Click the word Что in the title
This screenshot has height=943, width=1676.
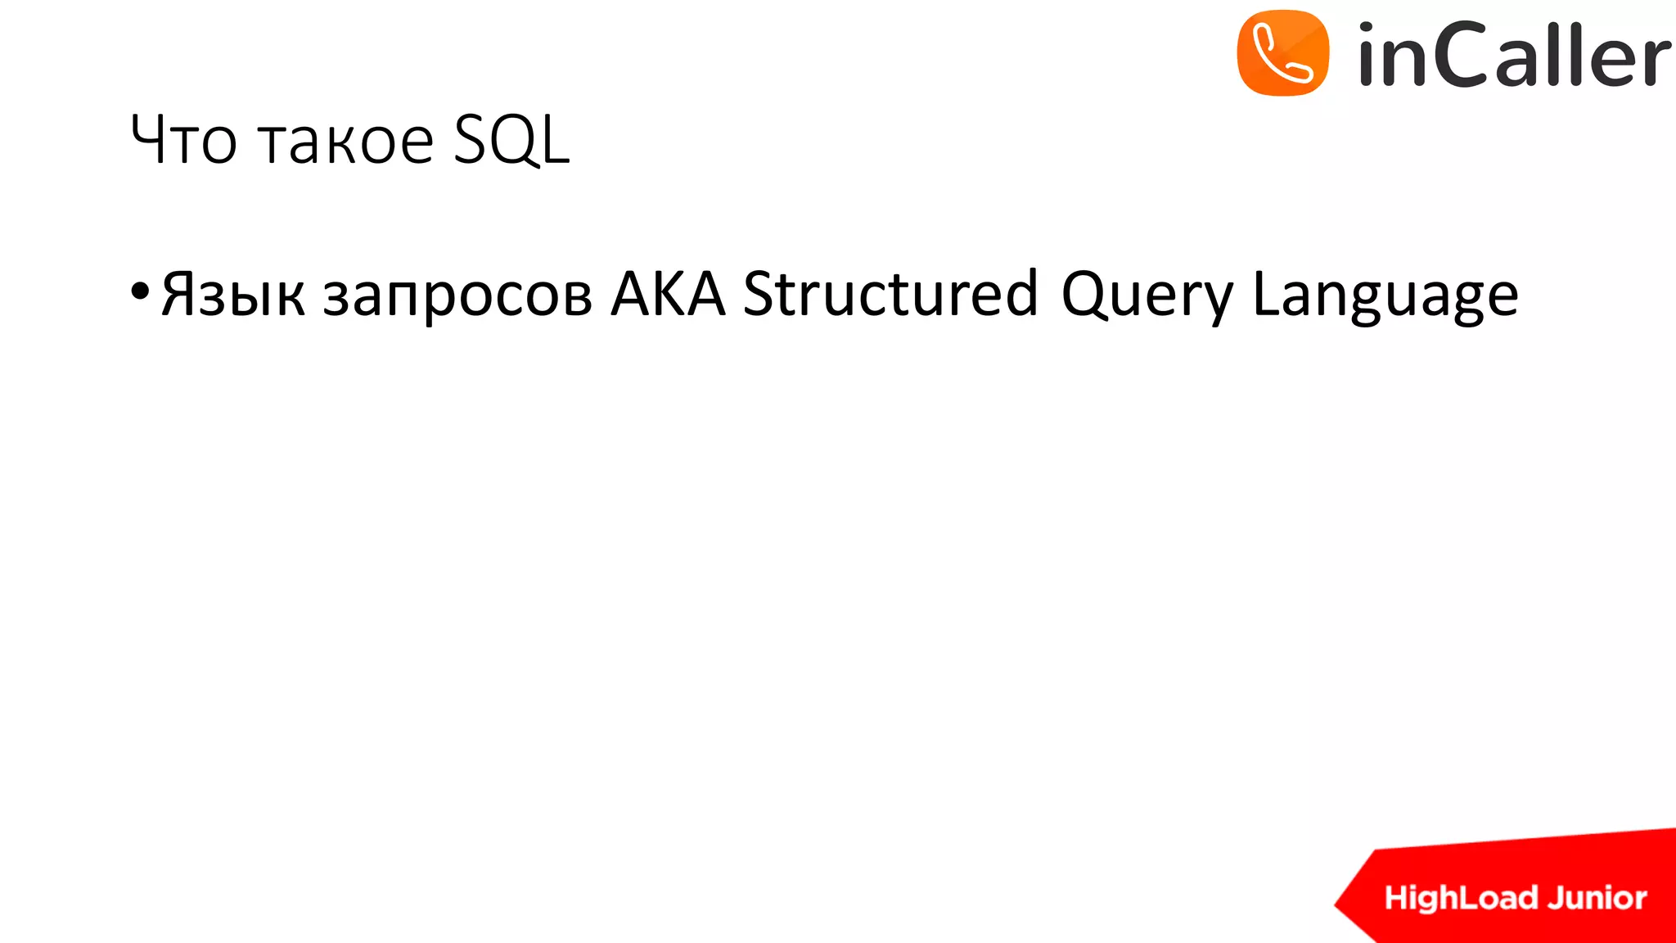click(x=183, y=141)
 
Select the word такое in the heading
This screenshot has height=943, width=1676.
click(x=345, y=141)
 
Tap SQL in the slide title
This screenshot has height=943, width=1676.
click(x=511, y=141)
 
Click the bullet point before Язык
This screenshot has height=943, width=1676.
click(x=140, y=291)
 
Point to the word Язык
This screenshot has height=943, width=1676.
click(x=233, y=295)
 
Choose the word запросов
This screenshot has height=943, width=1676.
click(x=457, y=295)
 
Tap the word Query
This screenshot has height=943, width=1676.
click(x=1147, y=295)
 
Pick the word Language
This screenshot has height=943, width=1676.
click(x=1385, y=295)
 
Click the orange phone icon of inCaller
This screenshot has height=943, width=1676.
click(x=1282, y=53)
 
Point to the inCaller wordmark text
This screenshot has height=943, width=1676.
click(x=1513, y=56)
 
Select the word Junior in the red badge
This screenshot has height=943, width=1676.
click(x=1597, y=898)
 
